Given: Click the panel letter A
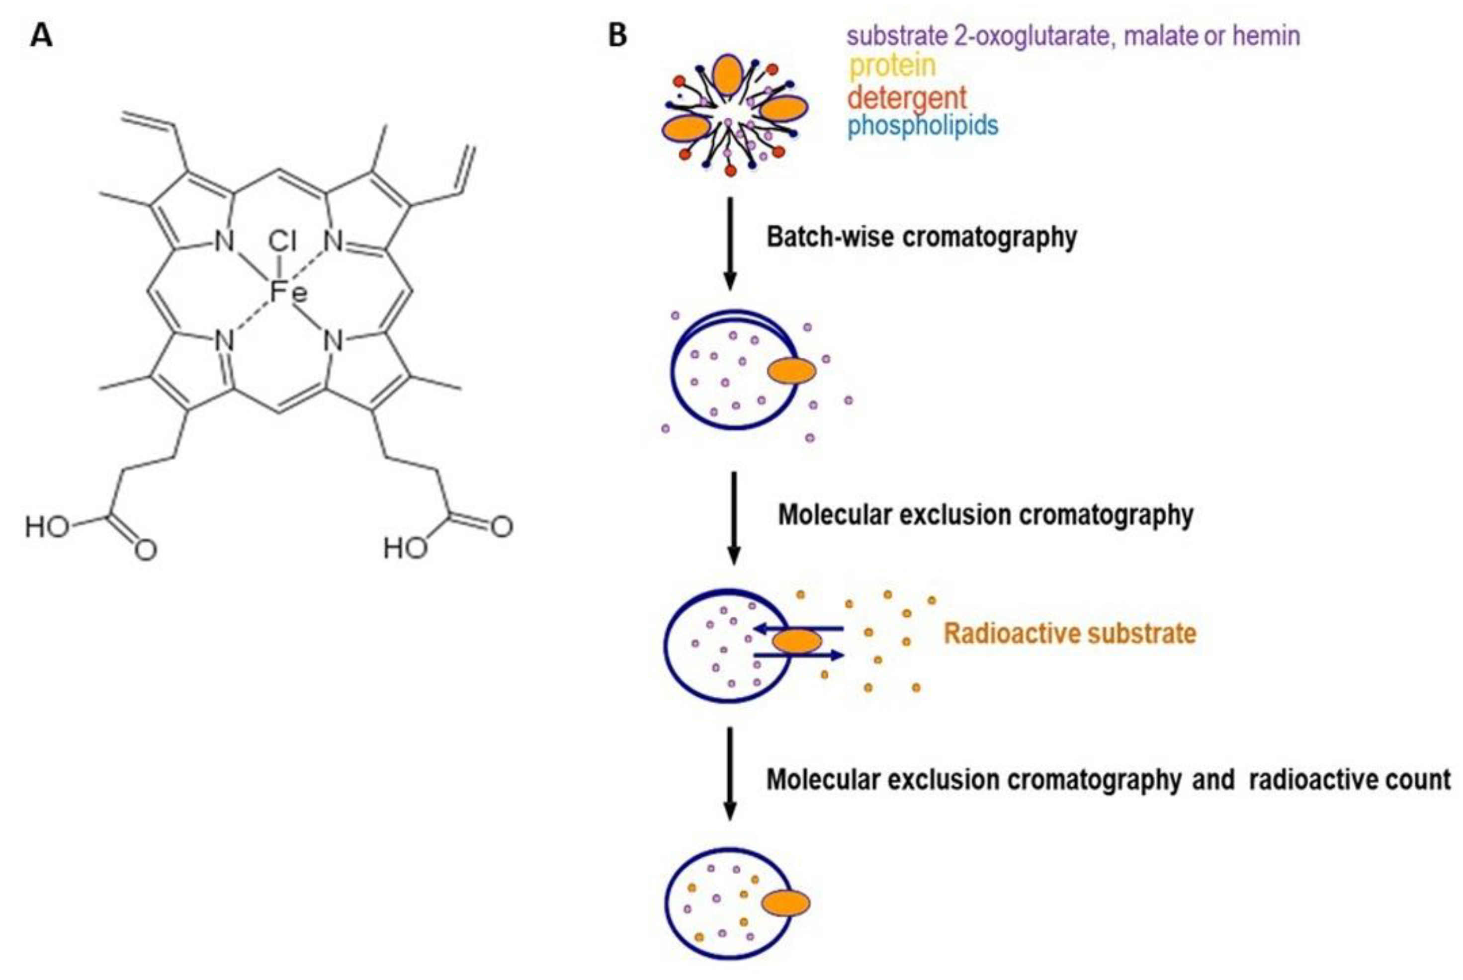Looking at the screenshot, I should (x=41, y=36).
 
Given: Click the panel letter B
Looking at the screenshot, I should (x=618, y=36).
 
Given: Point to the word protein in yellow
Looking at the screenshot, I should (x=893, y=66).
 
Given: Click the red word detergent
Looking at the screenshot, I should (x=907, y=98).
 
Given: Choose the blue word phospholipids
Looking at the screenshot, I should (x=923, y=126).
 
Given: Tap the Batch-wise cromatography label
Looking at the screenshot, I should (x=922, y=237).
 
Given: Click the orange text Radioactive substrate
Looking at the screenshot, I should (x=1070, y=633).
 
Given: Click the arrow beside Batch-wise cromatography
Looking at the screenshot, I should (x=729, y=244).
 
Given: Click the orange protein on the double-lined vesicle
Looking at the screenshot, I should (x=791, y=371).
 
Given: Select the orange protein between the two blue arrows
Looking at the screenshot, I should (x=797, y=641).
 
